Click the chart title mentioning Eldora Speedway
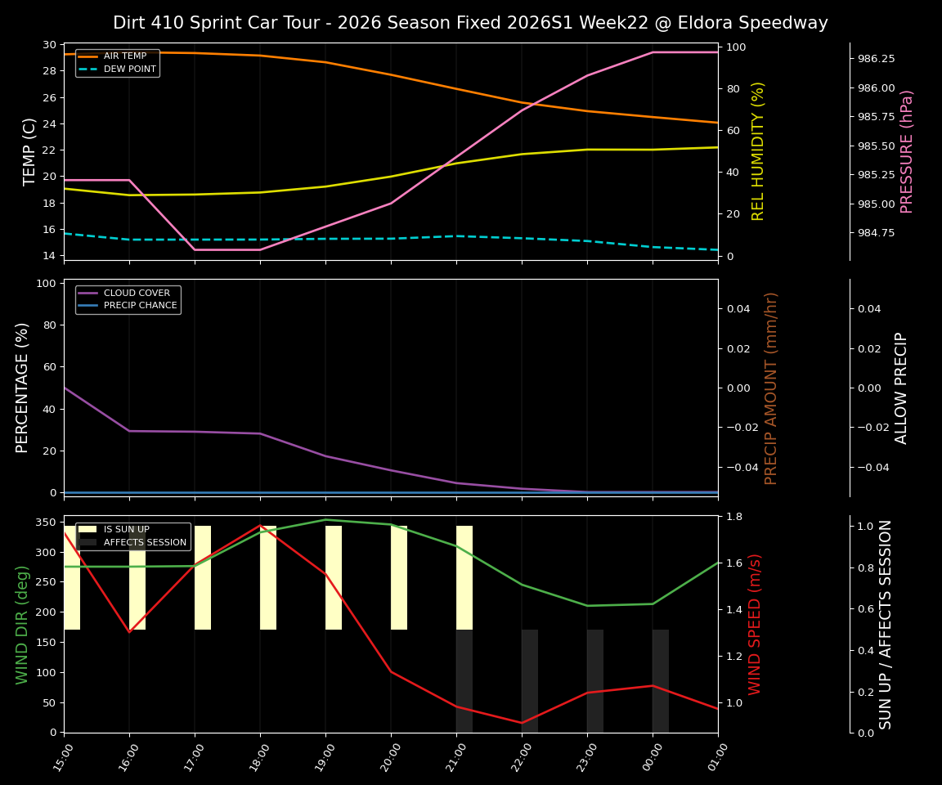(470, 23)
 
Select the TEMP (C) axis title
(29, 151)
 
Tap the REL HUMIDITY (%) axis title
(758, 151)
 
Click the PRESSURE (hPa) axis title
(907, 151)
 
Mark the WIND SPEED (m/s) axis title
(755, 624)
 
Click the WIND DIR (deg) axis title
(22, 624)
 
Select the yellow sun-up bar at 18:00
(268, 577)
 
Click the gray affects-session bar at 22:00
(530, 680)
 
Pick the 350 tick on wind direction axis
(47, 522)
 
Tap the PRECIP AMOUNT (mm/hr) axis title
(771, 388)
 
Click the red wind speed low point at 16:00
(129, 631)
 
